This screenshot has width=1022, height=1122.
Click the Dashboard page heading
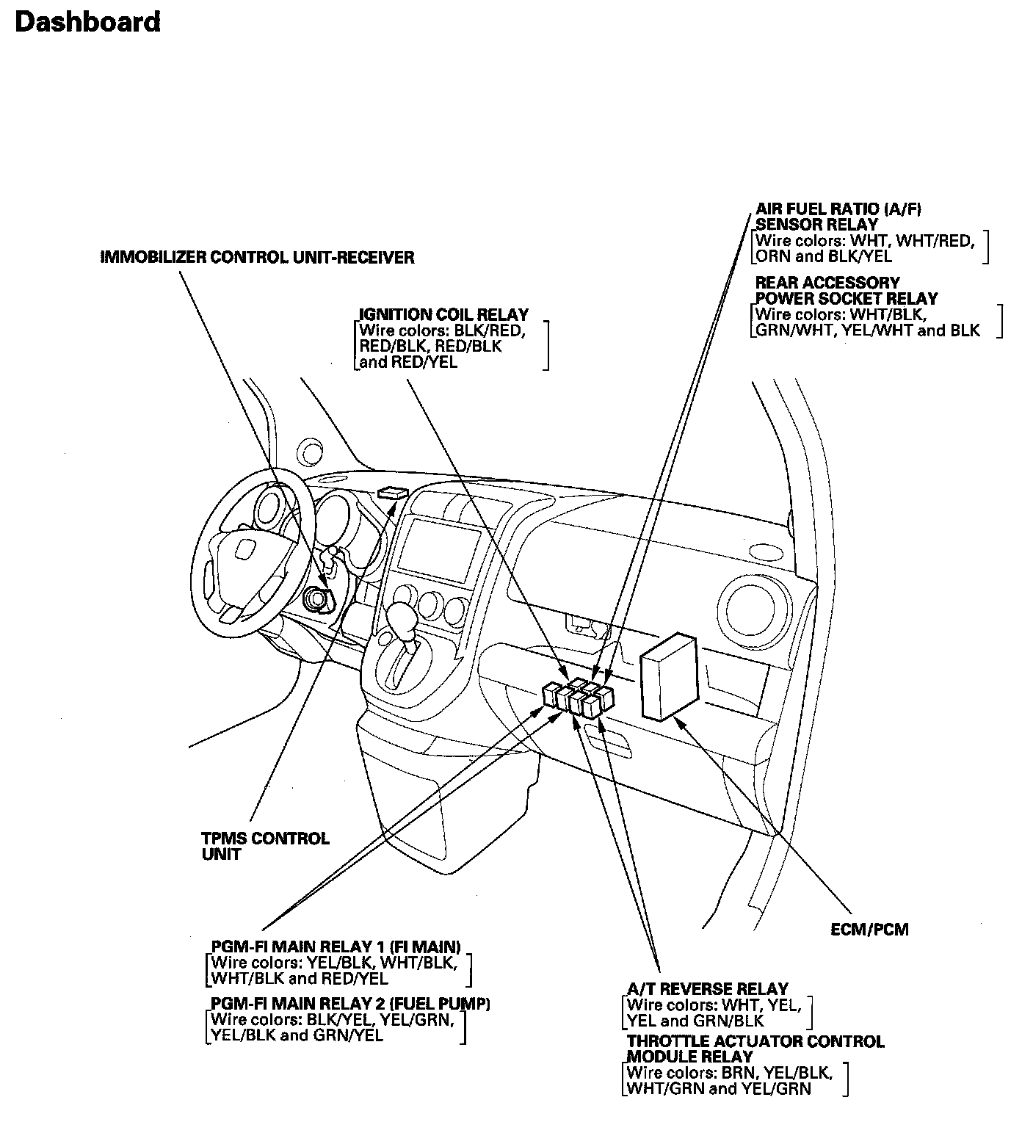coord(87,23)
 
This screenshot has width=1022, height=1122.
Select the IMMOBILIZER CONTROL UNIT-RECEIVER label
coord(257,258)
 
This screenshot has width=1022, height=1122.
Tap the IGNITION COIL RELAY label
coord(443,315)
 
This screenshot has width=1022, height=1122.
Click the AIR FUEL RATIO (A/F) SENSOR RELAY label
coord(838,217)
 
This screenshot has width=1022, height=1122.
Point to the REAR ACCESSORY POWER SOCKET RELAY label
coord(846,291)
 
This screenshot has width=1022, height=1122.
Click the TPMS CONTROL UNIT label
coord(265,846)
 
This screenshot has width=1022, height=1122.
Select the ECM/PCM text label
coord(869,930)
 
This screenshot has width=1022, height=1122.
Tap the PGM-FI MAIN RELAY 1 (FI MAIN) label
coord(336,946)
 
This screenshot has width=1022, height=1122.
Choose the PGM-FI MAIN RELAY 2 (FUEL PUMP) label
coord(349,1003)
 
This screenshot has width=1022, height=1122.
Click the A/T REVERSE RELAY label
coord(707,988)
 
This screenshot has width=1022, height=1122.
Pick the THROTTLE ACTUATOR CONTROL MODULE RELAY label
coord(755,1049)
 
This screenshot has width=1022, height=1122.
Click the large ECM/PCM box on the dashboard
coord(667,677)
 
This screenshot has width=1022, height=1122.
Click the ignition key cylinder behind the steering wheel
coord(319,599)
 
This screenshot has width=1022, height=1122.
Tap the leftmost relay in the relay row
coord(551,694)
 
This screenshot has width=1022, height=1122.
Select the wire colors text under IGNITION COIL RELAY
coord(441,346)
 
